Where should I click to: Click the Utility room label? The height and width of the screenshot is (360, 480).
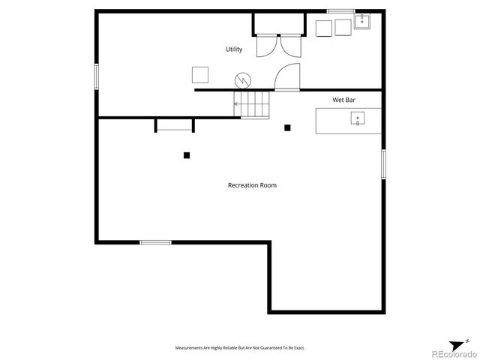point(234,49)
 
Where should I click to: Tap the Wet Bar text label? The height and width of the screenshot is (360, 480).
point(343,100)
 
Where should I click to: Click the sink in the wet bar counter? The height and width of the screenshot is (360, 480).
point(358,118)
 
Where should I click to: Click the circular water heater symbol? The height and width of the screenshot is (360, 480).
point(243,79)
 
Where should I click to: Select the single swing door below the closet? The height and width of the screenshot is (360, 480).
point(287,77)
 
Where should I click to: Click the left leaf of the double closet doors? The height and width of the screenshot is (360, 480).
point(266,46)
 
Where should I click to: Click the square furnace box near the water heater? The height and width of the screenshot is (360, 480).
point(200,74)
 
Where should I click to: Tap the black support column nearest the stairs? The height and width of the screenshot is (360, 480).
point(287,127)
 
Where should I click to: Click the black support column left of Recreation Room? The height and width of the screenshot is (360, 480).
point(187,155)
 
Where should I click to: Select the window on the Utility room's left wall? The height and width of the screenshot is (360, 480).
point(96,76)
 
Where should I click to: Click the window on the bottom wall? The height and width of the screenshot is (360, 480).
point(155,242)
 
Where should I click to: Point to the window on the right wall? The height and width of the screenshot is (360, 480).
point(382,163)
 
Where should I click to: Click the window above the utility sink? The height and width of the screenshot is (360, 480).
point(340,10)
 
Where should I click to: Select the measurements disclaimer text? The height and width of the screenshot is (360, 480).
point(239,348)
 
